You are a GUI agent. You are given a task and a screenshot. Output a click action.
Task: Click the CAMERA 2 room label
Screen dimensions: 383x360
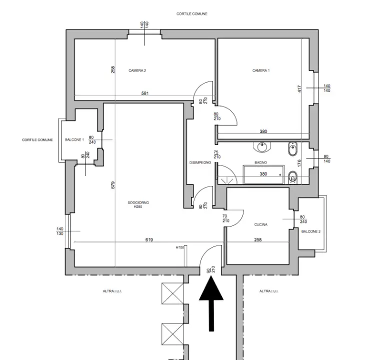[x=137, y=70]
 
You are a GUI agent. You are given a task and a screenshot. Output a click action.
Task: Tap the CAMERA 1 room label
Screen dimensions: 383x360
[x=261, y=70]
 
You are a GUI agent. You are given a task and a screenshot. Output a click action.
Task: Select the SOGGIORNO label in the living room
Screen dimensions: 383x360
[x=138, y=202]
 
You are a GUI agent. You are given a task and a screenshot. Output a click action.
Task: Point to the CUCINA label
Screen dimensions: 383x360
[x=261, y=224]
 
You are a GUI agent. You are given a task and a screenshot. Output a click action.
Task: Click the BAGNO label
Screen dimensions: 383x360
[x=260, y=162]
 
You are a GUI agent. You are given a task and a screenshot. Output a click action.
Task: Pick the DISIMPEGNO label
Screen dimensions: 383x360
[x=200, y=162]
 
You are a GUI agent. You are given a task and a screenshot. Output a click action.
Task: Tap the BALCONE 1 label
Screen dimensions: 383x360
[x=74, y=139]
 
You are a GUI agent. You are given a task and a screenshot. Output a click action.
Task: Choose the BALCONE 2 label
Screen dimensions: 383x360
[x=311, y=231]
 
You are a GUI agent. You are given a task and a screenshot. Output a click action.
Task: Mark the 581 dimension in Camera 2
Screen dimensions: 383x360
[x=145, y=93]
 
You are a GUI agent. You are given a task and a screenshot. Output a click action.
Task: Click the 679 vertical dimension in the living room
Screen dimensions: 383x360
[x=113, y=185]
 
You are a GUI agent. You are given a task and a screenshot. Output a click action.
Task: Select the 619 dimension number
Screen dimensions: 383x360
[x=149, y=239]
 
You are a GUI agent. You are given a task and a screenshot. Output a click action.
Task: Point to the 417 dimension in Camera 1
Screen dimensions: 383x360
[x=299, y=88]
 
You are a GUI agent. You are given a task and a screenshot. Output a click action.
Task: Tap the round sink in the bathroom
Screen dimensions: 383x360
[x=262, y=147]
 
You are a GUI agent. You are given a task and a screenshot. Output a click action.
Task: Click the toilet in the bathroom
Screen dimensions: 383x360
[x=292, y=177]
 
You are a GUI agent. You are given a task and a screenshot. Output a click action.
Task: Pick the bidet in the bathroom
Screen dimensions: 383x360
[x=292, y=148]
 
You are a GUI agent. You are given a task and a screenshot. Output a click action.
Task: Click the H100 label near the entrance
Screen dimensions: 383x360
[x=180, y=247]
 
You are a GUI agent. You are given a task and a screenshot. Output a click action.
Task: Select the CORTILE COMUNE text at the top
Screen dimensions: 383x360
[x=192, y=14]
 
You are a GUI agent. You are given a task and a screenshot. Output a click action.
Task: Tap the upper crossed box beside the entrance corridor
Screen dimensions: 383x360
[x=172, y=293]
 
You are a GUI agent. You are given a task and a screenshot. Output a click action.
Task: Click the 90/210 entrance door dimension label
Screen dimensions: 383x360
[x=211, y=269]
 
